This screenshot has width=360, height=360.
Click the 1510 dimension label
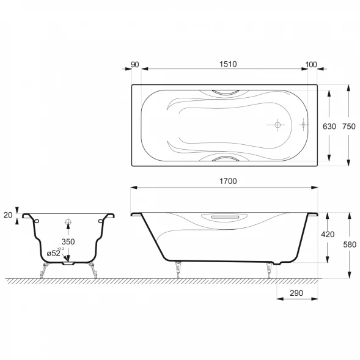coord(228,64)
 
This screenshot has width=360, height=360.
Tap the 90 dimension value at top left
coord(134,65)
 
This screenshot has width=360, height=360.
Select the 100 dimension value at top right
coord(311,65)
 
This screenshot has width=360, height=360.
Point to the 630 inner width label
coord(329,127)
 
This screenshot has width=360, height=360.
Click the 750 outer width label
coord(349,127)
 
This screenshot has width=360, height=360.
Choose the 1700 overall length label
coord(228,181)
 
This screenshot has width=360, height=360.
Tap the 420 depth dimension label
coord(328,235)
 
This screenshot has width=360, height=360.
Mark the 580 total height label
coord(350,244)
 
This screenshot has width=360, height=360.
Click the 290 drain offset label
coord(296,293)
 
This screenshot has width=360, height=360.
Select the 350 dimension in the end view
coord(68,241)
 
